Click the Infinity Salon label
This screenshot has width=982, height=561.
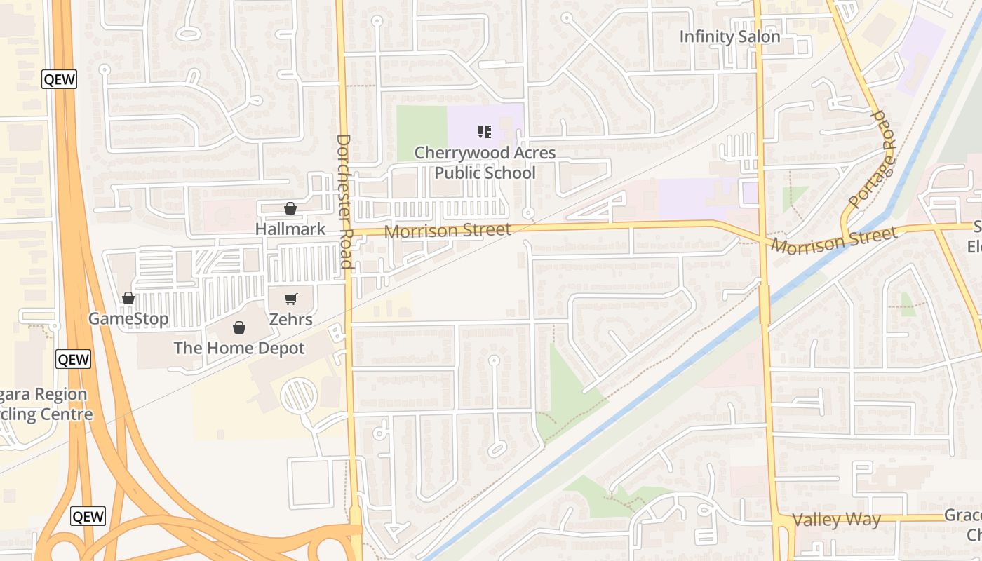(x=729, y=36)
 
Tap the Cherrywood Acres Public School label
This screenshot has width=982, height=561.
(x=485, y=163)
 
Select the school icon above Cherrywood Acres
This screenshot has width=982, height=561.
(x=484, y=131)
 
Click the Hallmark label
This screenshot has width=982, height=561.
(x=290, y=229)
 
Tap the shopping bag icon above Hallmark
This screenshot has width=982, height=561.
(x=290, y=208)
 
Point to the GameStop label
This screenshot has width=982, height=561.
(x=128, y=319)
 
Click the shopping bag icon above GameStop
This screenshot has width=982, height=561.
(x=128, y=299)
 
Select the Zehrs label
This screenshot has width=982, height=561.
(x=291, y=320)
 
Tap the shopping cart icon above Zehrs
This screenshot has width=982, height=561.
(x=291, y=299)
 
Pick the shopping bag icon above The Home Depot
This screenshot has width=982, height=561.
(x=239, y=327)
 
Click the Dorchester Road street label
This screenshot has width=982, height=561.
(x=344, y=201)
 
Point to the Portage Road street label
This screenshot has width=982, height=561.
(x=871, y=159)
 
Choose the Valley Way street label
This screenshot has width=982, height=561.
(x=836, y=520)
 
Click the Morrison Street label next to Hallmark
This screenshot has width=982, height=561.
(x=448, y=230)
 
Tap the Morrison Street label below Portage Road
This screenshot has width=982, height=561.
(x=834, y=240)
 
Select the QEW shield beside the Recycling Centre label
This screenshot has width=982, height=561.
(x=73, y=360)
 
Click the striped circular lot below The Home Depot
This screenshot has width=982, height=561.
(x=300, y=395)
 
